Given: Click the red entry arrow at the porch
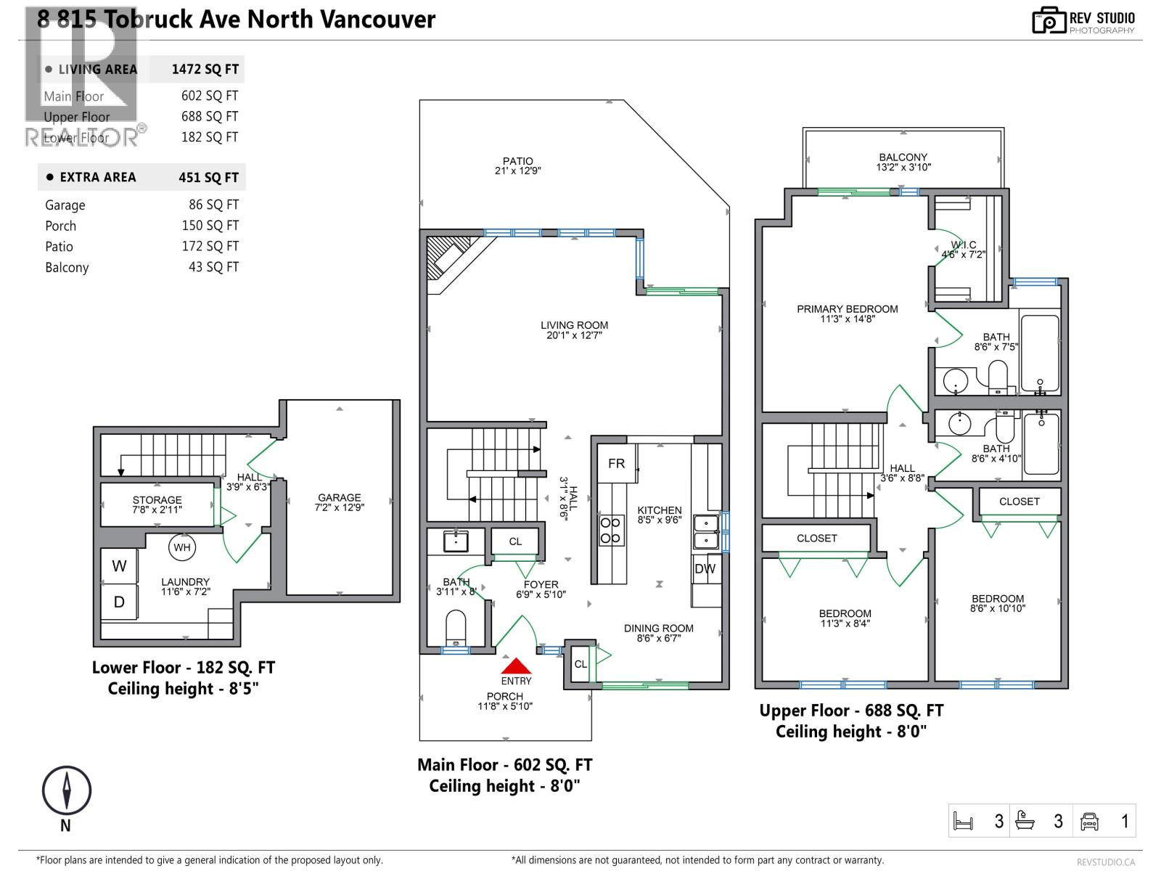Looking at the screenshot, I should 516,666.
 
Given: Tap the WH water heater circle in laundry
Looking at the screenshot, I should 181,547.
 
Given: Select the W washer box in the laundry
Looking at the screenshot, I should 119,566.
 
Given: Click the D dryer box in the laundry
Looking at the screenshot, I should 119,602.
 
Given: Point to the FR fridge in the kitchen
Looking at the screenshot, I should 617,463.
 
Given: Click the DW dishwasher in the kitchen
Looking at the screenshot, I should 705,569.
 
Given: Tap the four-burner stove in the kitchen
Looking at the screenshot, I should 610,530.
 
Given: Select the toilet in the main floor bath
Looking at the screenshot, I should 455,627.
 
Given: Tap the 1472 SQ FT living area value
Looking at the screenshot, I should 205,70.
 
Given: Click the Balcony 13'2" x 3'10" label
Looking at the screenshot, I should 903,162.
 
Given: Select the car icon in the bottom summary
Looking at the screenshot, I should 1089,821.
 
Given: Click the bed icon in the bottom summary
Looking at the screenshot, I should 963,821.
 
